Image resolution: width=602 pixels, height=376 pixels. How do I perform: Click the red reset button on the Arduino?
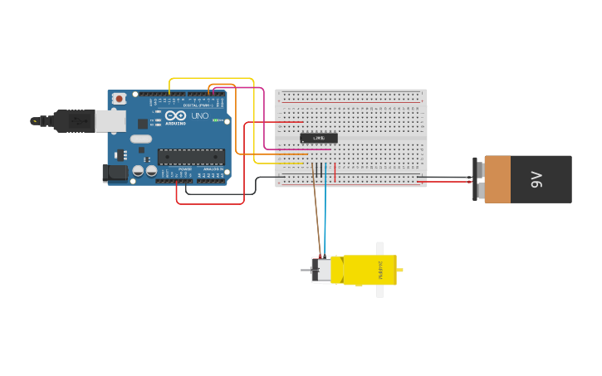pos(120,99)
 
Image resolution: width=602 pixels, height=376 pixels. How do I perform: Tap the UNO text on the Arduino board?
pos(200,116)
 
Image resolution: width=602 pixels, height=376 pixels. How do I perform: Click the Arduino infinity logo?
pos(175,116)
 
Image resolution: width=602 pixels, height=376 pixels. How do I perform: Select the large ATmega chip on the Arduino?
pos(191,156)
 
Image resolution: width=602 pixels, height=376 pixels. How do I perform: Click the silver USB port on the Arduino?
pos(110,121)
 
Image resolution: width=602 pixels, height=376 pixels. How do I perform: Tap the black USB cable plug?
pos(74,121)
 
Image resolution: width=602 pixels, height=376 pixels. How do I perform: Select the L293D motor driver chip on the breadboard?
pos(319,138)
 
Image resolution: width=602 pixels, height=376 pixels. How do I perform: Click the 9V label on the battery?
pos(536,178)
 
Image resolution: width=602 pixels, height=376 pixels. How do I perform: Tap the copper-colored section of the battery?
pos(497,178)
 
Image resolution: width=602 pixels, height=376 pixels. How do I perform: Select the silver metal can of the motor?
pos(321,270)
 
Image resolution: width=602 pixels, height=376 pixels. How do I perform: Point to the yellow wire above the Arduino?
pos(212,79)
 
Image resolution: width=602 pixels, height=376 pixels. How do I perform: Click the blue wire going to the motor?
pos(325,216)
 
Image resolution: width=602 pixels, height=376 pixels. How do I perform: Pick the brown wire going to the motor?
pos(316,216)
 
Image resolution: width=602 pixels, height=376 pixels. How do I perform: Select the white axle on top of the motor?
pos(380,248)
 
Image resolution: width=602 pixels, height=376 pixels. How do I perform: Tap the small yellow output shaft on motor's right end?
pos(400,270)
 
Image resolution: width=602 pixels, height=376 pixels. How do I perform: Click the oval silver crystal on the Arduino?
pos(141,139)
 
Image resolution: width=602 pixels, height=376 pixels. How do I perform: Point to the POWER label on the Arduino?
pos(184,169)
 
